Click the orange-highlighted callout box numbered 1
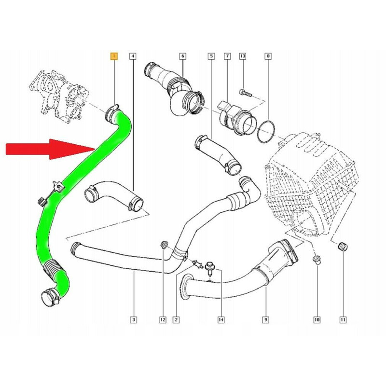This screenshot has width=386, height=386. tap(114, 56)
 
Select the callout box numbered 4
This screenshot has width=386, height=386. tap(133, 56)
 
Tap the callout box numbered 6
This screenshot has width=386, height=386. tap(183, 56)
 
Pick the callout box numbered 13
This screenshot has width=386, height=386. tap(243, 56)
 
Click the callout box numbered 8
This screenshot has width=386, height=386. tap(268, 56)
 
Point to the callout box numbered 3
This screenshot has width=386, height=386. tap(134, 320)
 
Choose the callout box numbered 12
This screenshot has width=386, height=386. tap(163, 320)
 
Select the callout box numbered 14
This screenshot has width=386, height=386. tap(221, 320)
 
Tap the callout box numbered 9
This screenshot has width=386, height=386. tap(266, 320)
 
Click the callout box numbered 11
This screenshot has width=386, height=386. tap(343, 320)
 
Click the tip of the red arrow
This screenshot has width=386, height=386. tap(95, 149)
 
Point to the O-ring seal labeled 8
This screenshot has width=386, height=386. tap(266, 131)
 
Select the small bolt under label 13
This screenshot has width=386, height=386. tap(245, 93)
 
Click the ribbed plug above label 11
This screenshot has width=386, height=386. tap(343, 246)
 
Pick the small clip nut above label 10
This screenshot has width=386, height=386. tap(317, 260)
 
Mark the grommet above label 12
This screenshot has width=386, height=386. tap(164, 245)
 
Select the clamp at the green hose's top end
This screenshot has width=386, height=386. tap(113, 113)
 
